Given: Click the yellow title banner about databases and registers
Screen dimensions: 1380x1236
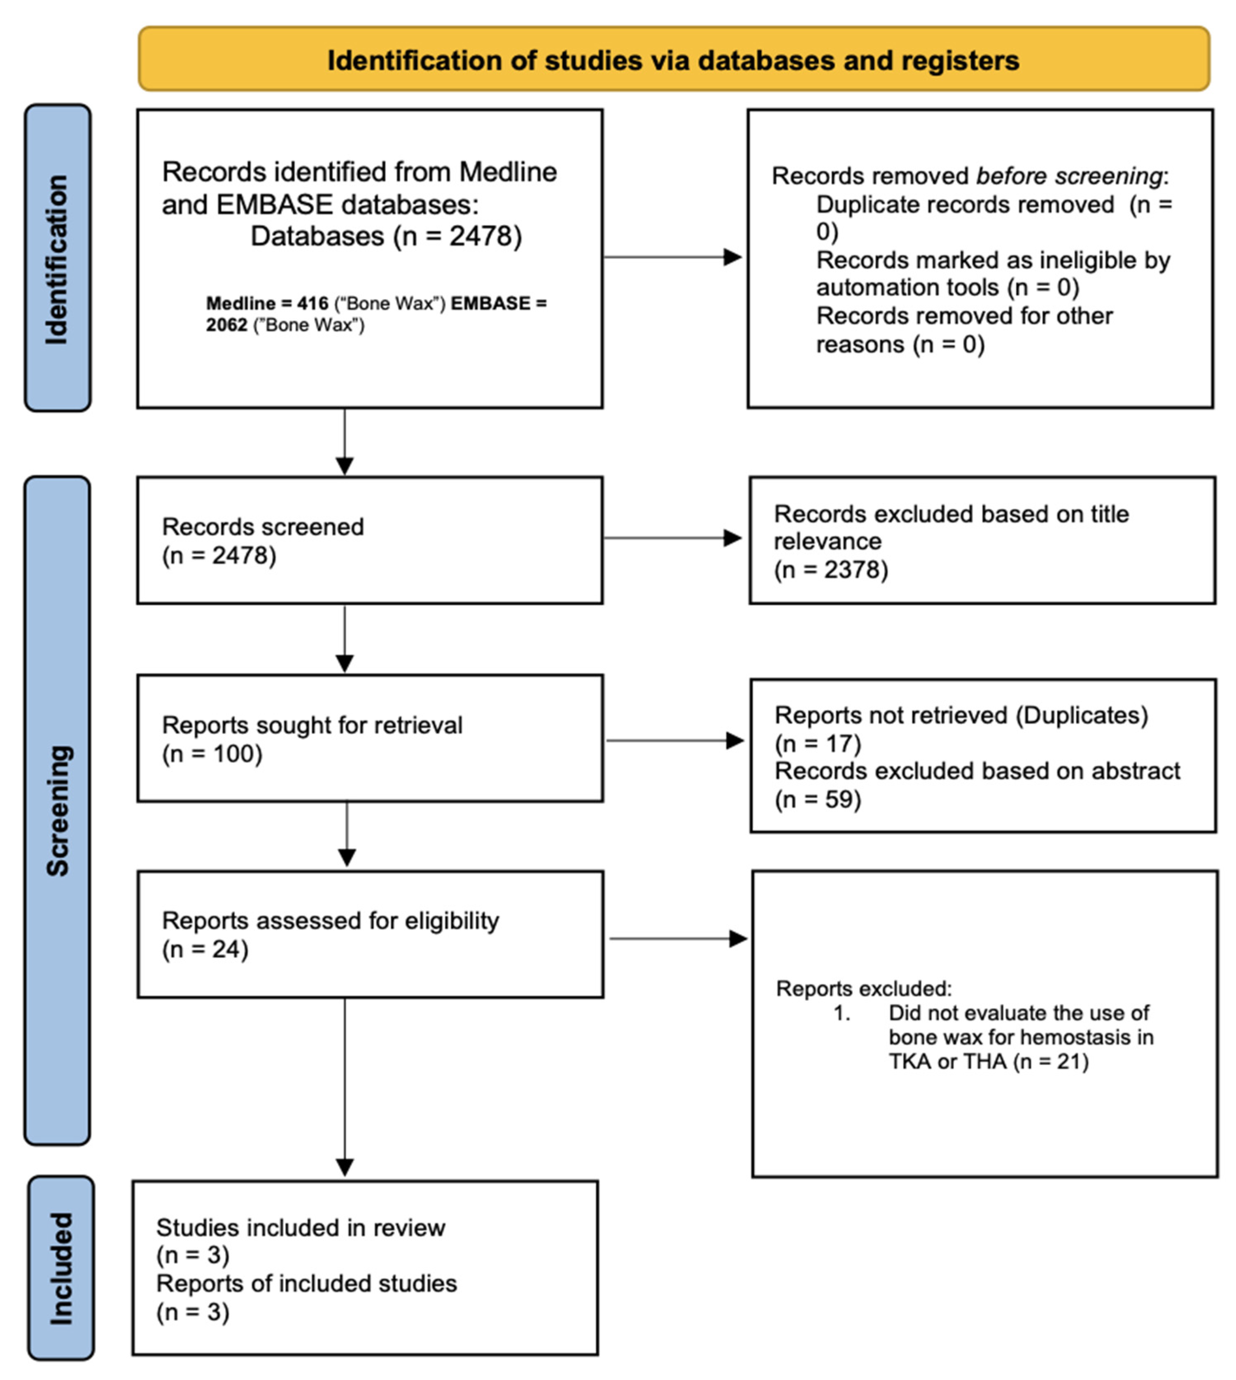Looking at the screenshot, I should coord(673,60).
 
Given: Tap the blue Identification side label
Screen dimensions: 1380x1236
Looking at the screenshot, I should coord(58,258).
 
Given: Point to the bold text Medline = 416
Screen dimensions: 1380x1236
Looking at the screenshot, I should coord(267,303).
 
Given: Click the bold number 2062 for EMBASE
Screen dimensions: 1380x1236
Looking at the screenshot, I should coord(227,325).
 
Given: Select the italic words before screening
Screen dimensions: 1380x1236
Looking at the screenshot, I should coord(1069,176).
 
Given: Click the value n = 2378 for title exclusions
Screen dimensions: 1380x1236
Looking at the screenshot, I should coord(831,569).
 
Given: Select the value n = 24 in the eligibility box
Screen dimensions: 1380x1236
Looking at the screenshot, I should coord(205,949).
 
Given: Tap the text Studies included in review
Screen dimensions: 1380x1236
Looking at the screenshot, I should coord(300,1228).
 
